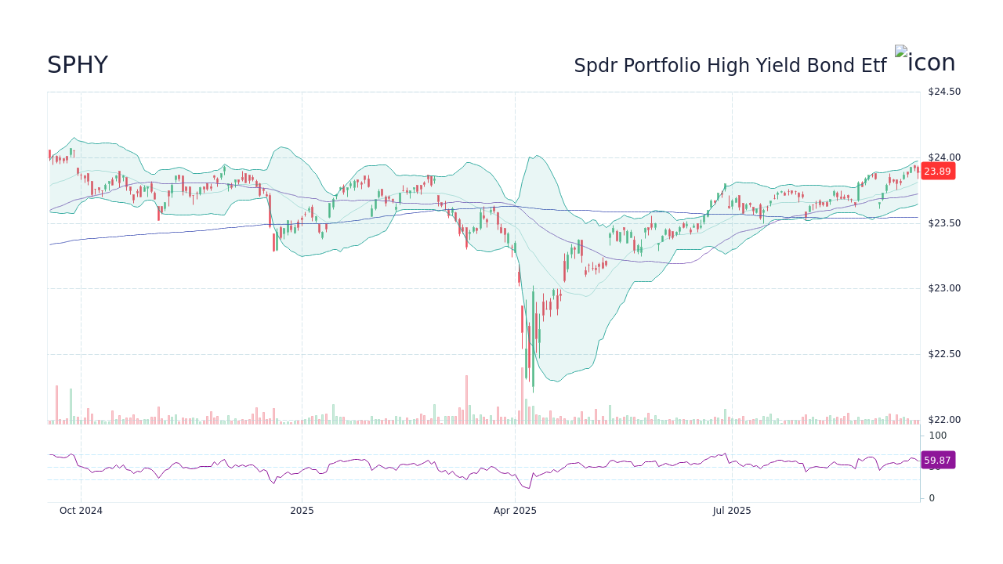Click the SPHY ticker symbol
click(77, 65)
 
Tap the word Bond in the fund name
click(813, 66)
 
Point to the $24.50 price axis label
click(943, 92)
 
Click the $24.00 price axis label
click(943, 157)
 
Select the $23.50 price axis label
click(943, 223)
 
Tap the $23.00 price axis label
click(943, 288)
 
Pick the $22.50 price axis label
click(943, 354)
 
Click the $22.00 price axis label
click(943, 420)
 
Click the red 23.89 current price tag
click(937, 172)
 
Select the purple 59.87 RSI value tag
click(937, 461)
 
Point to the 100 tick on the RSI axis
click(937, 436)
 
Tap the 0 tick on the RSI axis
click(932, 498)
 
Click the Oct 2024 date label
click(81, 511)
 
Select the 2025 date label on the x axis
click(302, 511)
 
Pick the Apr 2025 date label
click(515, 511)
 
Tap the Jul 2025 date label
click(732, 511)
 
